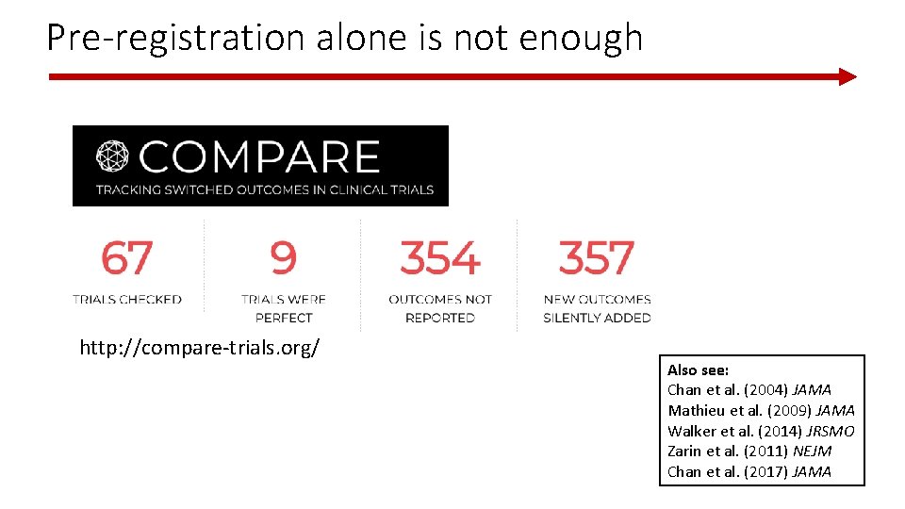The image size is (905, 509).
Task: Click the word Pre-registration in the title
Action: tap(174, 38)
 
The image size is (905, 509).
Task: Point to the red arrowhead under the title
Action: tap(847, 76)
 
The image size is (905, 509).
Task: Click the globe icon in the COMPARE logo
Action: tap(114, 157)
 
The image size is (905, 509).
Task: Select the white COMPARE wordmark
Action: tap(259, 157)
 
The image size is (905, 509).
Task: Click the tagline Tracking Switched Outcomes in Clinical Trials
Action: tap(264, 189)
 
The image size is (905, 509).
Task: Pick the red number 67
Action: tap(126, 258)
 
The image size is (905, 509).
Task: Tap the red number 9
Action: tap(283, 258)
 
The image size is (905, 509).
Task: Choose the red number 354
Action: tap(439, 258)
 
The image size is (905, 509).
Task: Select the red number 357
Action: tap(597, 258)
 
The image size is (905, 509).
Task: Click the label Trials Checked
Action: tap(126, 300)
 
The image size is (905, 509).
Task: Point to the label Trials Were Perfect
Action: tap(283, 308)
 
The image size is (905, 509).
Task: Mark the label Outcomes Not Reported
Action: tap(439, 308)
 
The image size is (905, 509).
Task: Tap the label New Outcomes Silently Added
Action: tap(597, 308)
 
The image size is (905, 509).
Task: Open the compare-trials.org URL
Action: tap(200, 349)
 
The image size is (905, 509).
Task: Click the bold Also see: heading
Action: tap(698, 370)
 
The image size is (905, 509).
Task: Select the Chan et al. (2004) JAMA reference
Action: tap(749, 390)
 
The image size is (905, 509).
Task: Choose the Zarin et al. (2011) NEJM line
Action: tap(749, 452)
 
